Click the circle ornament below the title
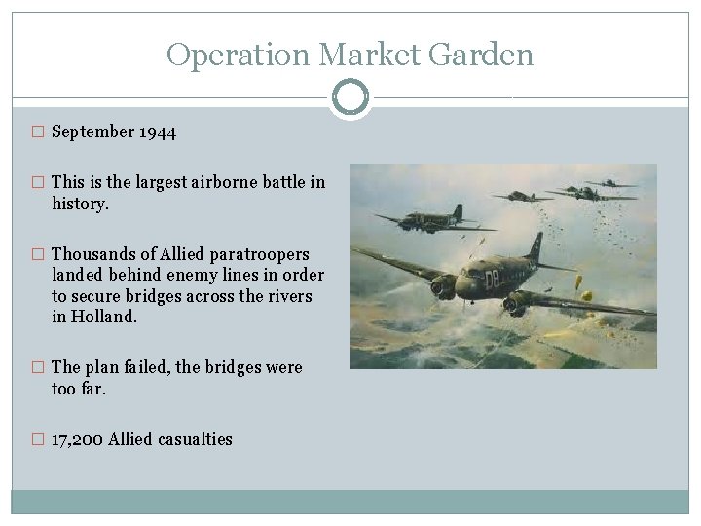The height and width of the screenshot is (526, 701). point(350,97)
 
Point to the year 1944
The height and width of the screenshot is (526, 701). point(157,131)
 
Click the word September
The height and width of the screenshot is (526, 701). point(92,131)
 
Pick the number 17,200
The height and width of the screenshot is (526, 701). point(77,439)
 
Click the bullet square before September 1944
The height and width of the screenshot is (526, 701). point(39,132)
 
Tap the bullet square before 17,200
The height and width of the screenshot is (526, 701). point(39,440)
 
